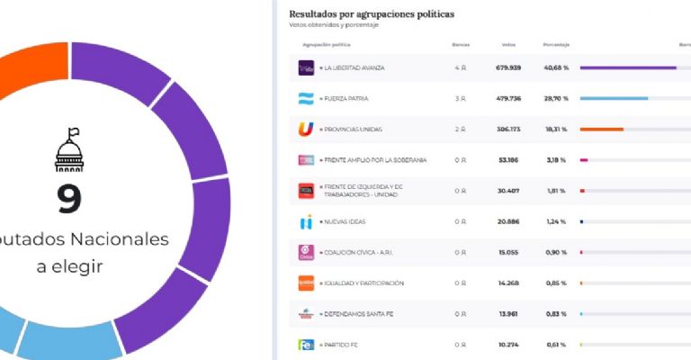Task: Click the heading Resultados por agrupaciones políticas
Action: pos(371,14)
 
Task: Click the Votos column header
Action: pos(508,44)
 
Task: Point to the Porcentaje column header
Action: pos(555,44)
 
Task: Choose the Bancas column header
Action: pos(461,44)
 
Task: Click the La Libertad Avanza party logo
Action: pos(306,67)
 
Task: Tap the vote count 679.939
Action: pos(508,67)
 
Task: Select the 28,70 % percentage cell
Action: pos(555,98)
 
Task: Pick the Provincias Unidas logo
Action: pos(306,130)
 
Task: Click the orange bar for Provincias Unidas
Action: pos(602,130)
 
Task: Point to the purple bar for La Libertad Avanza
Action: pos(628,67)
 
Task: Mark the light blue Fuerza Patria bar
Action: pos(614,98)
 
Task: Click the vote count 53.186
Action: pos(508,160)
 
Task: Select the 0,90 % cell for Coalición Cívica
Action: pos(555,252)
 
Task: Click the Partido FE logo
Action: pos(306,345)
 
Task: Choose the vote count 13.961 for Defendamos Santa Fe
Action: pos(508,314)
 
